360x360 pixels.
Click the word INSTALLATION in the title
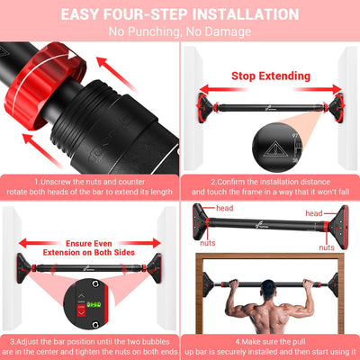[x=236, y=14]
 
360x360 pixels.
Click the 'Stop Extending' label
[x=271, y=76]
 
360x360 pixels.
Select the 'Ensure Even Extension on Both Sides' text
[x=89, y=248]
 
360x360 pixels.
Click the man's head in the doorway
[x=269, y=290]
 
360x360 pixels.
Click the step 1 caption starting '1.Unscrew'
[x=89, y=185]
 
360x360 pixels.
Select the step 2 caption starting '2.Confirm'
[x=270, y=185]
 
